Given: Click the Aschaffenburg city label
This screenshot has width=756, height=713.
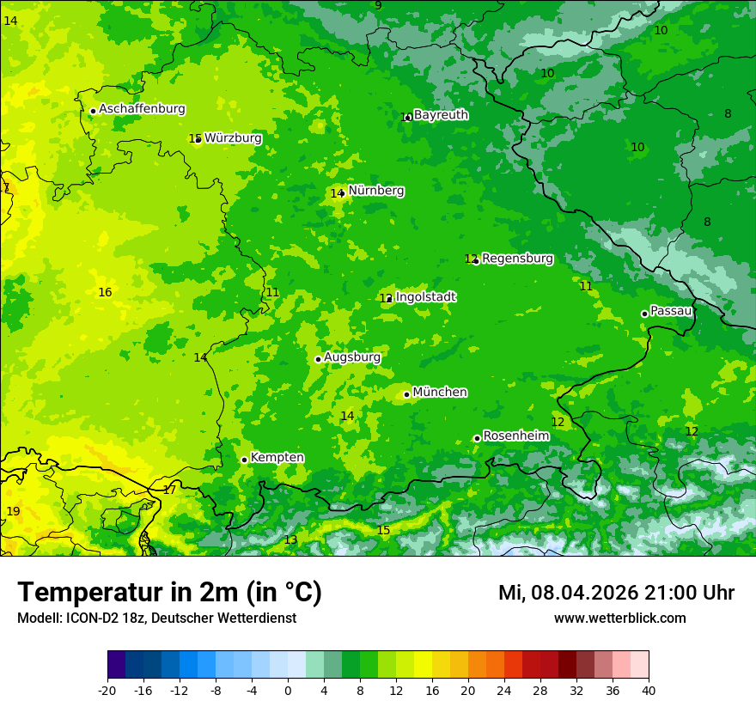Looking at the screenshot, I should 142,109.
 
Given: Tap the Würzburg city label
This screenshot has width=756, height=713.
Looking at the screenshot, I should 233,137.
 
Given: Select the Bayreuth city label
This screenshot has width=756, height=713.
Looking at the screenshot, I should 441,114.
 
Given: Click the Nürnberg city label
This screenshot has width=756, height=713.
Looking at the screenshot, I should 375,191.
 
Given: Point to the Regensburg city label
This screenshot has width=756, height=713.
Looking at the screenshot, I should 517,258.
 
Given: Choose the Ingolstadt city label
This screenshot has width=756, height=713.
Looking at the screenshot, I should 425,296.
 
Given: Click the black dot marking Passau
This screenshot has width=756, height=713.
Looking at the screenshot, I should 644,314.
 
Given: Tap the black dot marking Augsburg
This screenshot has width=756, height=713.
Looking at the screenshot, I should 318,359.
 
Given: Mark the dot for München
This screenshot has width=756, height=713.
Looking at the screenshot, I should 406,394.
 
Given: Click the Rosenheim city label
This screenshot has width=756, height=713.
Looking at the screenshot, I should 515,436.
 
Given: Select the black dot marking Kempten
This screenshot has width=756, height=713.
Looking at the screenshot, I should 244,460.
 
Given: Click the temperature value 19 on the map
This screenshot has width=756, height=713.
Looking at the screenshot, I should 13,511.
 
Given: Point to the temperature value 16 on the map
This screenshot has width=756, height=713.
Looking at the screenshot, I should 105,292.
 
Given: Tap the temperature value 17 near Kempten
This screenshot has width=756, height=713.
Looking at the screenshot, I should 169,489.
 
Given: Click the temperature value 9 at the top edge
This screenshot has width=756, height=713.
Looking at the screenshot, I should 378,6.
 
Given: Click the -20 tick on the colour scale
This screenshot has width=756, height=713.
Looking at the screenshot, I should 107,690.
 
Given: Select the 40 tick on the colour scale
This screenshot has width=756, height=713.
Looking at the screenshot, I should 649,690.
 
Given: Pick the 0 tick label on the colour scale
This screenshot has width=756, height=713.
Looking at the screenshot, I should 288,690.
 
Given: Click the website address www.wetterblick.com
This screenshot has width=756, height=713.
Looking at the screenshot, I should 619,618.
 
